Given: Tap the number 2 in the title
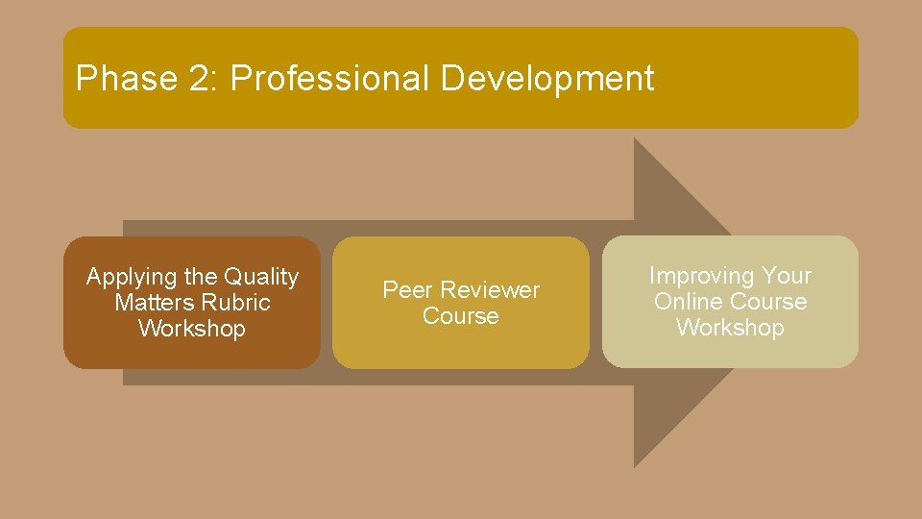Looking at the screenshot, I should click(202, 79).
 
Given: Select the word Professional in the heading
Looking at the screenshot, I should click(330, 79).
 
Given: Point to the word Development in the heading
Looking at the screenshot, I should click(546, 79).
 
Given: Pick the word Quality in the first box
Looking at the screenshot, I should click(261, 278).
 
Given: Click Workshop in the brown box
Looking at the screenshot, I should click(192, 329).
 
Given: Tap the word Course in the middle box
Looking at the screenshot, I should click(461, 316).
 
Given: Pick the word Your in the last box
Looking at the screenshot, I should click(787, 276).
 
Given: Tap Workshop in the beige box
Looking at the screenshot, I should click(730, 328).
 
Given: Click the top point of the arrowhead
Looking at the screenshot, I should click(635, 139).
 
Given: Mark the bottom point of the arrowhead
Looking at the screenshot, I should click(635, 466).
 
